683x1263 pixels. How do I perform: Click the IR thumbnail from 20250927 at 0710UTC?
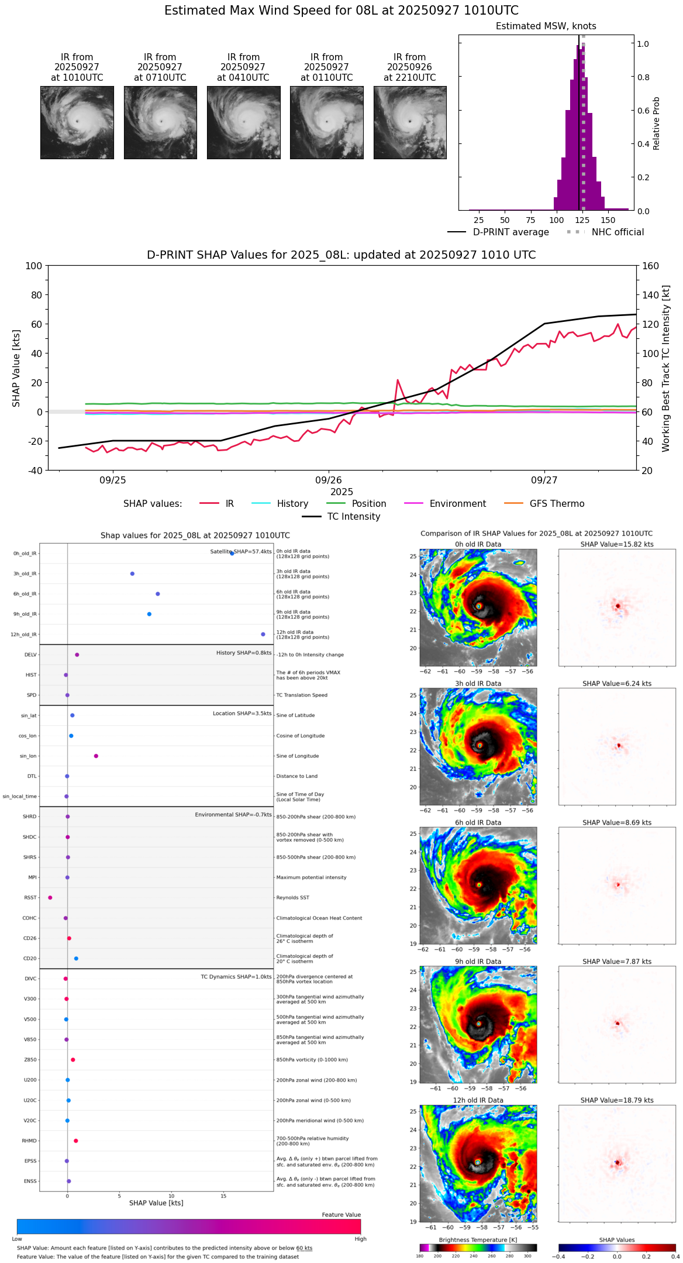(160, 122)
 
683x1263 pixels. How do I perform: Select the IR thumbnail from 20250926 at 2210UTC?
(410, 122)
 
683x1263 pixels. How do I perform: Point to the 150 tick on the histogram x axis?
(608, 220)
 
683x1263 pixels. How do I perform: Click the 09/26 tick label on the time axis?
(329, 480)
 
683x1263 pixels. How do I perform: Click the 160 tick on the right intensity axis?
(650, 266)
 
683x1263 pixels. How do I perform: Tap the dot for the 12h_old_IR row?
(263, 634)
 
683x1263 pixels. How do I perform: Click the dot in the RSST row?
(50, 898)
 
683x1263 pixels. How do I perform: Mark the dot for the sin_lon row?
(96, 756)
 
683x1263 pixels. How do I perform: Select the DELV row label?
(30, 655)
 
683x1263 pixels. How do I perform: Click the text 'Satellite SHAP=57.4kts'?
(241, 552)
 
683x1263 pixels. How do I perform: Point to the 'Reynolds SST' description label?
(292, 898)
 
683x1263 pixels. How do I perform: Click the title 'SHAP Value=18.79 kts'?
(617, 1100)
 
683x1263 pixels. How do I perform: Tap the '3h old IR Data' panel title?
(478, 684)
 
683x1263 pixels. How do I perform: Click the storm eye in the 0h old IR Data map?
(478, 606)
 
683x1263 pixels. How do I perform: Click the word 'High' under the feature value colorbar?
(360, 1239)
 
